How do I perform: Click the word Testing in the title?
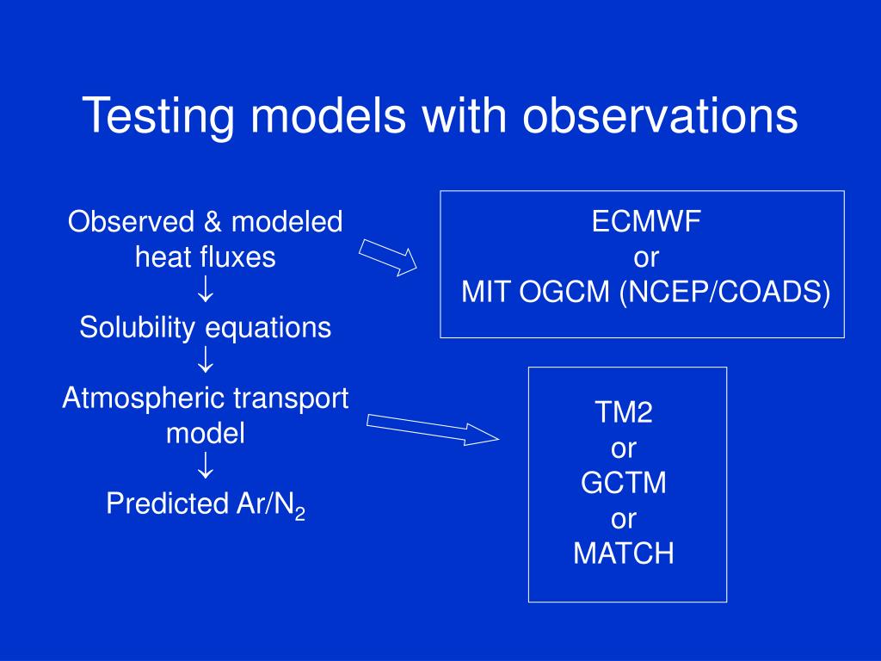coord(158,116)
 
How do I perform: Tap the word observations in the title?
coord(660,115)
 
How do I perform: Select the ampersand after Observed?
coord(213,221)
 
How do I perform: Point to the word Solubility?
coord(137,328)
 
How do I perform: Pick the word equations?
coord(268,328)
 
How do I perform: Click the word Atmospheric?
coord(143,398)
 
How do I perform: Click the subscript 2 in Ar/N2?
coord(299,513)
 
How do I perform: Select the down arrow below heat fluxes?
coord(206,289)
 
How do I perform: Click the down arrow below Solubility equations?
coord(206,360)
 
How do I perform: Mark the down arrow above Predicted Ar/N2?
coord(206,466)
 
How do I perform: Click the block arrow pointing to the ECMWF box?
coord(388,257)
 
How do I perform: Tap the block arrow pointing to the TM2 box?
coord(433,429)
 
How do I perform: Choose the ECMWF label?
coord(646,221)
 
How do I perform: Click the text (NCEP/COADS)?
coord(724,293)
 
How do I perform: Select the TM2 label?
coord(624,412)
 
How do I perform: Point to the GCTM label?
coord(624,483)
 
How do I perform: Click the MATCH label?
coord(624,553)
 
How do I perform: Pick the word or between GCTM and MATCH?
coord(624,519)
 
